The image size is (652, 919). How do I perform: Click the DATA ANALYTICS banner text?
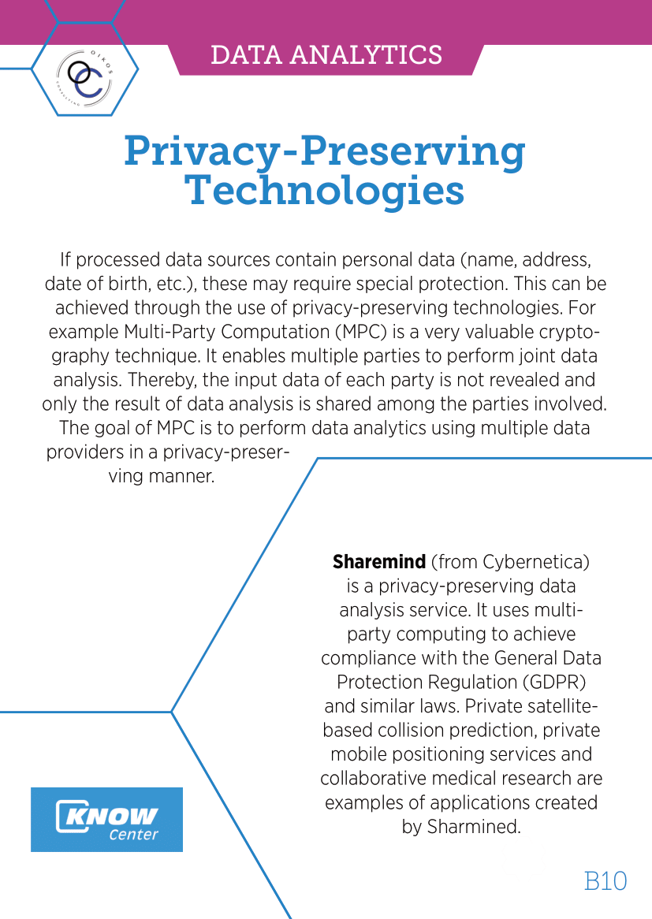[326, 55]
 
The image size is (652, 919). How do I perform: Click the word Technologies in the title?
[324, 191]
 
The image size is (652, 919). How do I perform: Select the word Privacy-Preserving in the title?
[324, 151]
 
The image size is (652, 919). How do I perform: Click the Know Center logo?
[106, 819]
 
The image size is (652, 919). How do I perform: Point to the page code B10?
[605, 880]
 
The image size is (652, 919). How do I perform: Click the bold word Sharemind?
[379, 563]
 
